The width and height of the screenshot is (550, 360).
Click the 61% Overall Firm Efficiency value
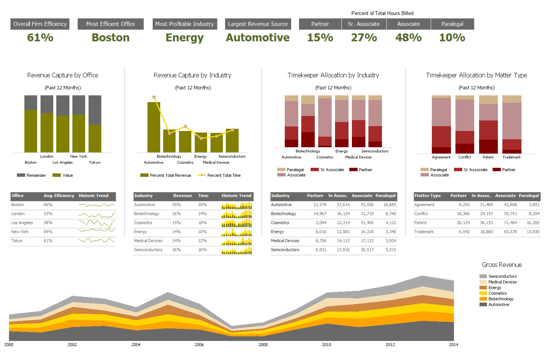pos(40,38)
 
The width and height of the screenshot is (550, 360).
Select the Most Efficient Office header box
pos(110,24)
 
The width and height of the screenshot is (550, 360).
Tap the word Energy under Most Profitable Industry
pos(184,38)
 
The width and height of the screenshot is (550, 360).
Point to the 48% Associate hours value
pos(408,38)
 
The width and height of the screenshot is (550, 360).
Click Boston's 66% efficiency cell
pos(48,205)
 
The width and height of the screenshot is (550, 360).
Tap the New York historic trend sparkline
pos(96,232)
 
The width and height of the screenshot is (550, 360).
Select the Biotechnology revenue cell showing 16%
pos(176,214)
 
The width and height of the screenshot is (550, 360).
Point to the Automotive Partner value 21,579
pos(320,205)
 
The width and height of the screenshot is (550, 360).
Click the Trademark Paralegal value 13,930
pos(533,232)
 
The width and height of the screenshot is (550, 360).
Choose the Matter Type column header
pos(428,196)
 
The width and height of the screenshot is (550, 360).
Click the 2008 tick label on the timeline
pos(263,345)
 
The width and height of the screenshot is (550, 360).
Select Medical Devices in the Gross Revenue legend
pos(502,282)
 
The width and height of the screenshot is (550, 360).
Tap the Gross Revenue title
pos(502,265)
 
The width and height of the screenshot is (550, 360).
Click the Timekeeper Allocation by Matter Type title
pos(476,75)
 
